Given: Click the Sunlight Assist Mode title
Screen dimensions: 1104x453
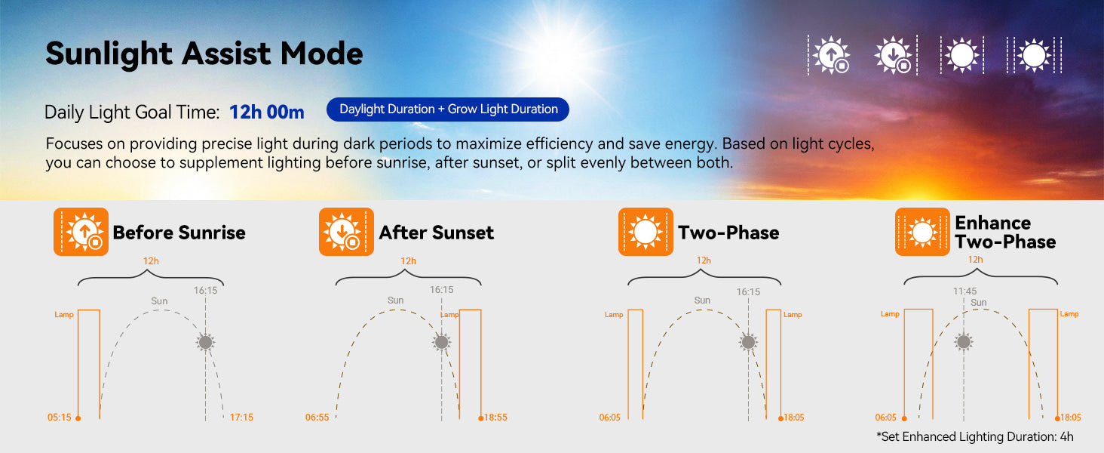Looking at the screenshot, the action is click(204, 54).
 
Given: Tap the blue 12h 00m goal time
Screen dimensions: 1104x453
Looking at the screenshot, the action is click(267, 112).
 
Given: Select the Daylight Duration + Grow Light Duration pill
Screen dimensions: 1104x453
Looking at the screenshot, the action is click(447, 109).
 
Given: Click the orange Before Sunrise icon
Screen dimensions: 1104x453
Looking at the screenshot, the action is click(81, 232).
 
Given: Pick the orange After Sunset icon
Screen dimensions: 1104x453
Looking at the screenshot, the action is click(346, 232).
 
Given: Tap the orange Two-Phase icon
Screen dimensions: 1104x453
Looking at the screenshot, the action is click(646, 232).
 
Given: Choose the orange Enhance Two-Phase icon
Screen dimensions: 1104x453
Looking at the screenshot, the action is click(922, 232).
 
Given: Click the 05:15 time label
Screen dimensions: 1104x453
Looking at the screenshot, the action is click(59, 418).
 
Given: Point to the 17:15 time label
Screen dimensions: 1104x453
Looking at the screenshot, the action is click(241, 418).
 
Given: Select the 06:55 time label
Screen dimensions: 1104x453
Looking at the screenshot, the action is click(317, 418).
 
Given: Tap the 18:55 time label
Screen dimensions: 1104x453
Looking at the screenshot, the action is click(495, 418).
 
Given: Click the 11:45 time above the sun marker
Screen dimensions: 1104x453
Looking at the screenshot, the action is click(964, 291).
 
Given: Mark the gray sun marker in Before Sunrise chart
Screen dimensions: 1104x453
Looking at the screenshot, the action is click(206, 342).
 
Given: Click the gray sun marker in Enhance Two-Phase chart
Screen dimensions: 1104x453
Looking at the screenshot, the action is click(964, 341).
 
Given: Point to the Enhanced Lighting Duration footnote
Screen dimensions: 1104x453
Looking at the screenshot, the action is click(974, 436).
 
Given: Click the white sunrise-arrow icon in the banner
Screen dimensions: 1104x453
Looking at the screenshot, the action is click(831, 55).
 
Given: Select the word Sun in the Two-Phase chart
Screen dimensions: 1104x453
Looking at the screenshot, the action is click(702, 300).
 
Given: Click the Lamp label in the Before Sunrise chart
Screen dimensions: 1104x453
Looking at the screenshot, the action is click(64, 314).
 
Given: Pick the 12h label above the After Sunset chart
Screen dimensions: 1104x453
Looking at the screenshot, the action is click(408, 261).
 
